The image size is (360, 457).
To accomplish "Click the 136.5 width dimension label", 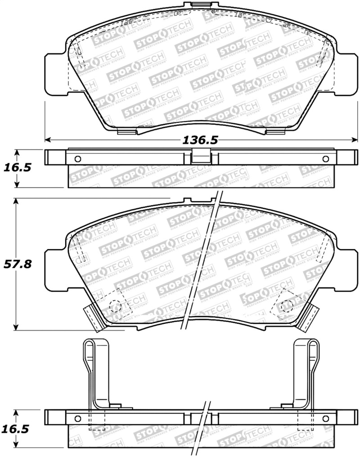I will [x=199, y=140].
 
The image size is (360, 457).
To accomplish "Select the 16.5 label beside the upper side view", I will [x=18, y=168].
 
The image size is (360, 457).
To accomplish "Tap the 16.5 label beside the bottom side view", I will [x=18, y=429].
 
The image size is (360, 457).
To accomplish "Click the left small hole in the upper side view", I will [x=77, y=159].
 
